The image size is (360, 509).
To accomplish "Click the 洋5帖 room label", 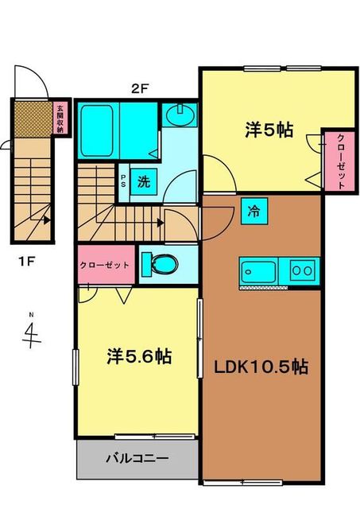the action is (x=269, y=130).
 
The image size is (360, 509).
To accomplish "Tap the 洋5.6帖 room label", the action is (x=139, y=356).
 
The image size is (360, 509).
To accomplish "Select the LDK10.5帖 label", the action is (x=261, y=367).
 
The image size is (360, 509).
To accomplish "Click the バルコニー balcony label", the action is (x=137, y=459).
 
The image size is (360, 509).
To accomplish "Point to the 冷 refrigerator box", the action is (x=254, y=211).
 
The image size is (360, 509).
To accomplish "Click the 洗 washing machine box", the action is (x=144, y=181).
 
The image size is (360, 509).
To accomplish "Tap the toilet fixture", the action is (x=161, y=264).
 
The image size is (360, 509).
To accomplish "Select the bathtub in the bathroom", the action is (x=97, y=130).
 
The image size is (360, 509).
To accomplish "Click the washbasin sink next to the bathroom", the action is (x=180, y=115).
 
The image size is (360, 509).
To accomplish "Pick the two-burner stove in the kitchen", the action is (x=302, y=270).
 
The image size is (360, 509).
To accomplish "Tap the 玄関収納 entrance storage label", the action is (x=60, y=119).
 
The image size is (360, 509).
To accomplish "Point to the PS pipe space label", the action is (x=123, y=182).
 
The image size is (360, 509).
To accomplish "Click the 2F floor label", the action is (x=140, y=88).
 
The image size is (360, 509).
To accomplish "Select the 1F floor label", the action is (x=26, y=261).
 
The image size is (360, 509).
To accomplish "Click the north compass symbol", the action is (x=32, y=332).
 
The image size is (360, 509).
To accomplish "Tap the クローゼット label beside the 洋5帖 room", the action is (x=341, y=161).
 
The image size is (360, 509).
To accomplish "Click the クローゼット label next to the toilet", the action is (x=105, y=265).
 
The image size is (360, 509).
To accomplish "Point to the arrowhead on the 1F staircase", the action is (x=48, y=220).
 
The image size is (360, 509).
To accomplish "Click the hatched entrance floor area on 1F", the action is (x=33, y=119).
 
